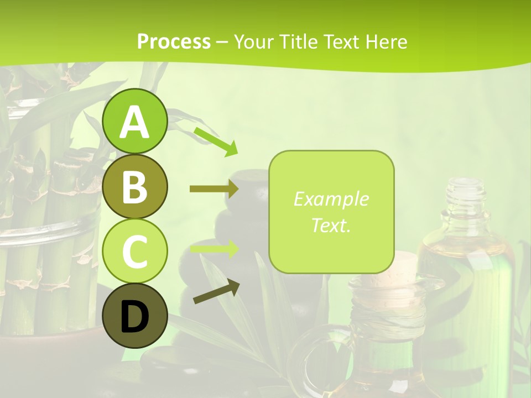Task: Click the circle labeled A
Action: click(x=134, y=121)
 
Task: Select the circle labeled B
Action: click(x=134, y=187)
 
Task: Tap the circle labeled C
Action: click(x=134, y=251)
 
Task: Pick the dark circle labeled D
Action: click(x=134, y=316)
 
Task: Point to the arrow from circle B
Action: click(x=214, y=189)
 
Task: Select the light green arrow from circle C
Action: click(x=214, y=249)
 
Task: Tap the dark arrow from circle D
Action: click(x=216, y=292)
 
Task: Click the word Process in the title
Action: click(x=174, y=41)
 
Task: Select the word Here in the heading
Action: click(x=387, y=41)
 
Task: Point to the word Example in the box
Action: click(x=331, y=199)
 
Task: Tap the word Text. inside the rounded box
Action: click(x=331, y=225)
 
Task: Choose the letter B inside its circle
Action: click(x=134, y=187)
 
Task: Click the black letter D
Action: click(x=134, y=317)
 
